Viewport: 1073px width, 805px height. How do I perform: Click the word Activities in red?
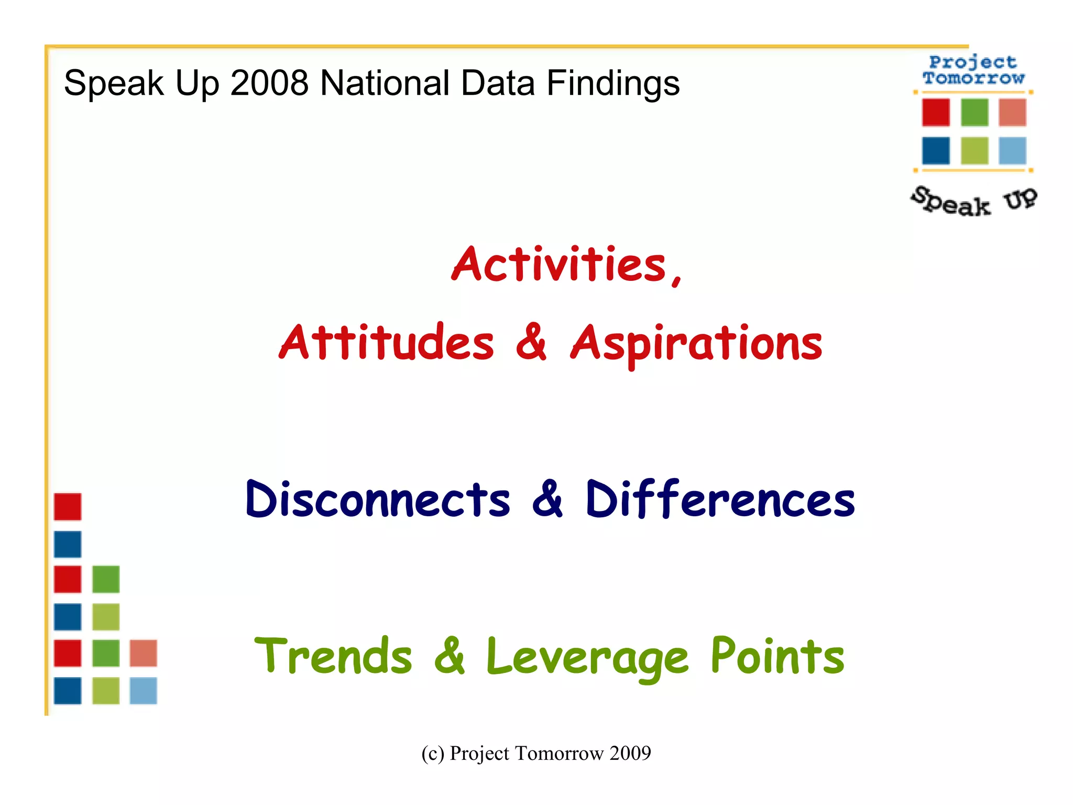pyautogui.click(x=559, y=265)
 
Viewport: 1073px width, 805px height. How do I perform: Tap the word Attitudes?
pyautogui.click(x=387, y=343)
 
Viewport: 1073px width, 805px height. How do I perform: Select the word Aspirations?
pyautogui.click(x=696, y=344)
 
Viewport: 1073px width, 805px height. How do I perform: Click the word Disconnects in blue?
pyautogui.click(x=378, y=499)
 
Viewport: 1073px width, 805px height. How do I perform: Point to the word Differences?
pyautogui.click(x=720, y=499)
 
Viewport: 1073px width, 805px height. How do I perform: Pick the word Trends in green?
pyautogui.click(x=333, y=656)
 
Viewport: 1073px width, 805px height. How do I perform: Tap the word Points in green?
pyautogui.click(x=777, y=656)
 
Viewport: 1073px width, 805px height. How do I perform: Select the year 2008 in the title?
pyautogui.click(x=269, y=83)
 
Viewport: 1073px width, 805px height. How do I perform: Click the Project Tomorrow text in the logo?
pyautogui.click(x=973, y=70)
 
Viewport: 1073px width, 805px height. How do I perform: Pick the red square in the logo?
pyautogui.click(x=936, y=112)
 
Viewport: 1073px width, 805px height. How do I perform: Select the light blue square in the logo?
pyautogui.click(x=1012, y=151)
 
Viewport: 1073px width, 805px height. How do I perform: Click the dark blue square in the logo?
pyautogui.click(x=936, y=151)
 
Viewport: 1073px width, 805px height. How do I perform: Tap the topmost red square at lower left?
pyautogui.click(x=68, y=507)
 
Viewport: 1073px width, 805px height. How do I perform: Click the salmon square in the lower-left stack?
pyautogui.click(x=143, y=653)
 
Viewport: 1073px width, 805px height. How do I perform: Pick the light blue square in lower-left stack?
pyautogui.click(x=143, y=691)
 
